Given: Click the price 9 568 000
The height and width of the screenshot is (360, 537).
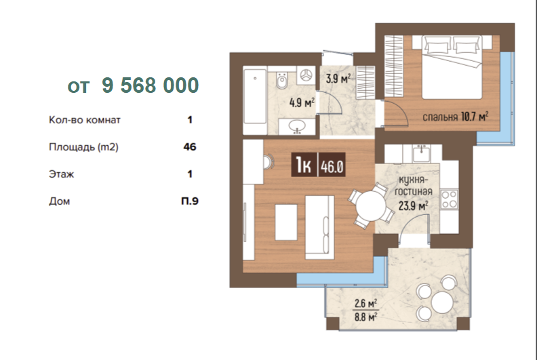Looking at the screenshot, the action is point(151,85).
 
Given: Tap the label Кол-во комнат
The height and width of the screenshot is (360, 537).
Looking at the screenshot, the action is point(85,120).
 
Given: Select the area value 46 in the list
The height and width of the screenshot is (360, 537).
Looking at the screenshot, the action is point(190,147).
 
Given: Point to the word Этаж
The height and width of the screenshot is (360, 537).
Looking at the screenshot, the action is point(61,174).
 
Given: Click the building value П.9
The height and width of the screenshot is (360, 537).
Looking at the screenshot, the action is point(190,201).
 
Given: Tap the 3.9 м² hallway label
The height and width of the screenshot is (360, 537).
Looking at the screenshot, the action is point(338,79).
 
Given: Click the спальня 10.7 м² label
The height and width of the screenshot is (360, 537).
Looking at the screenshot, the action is point(455,117).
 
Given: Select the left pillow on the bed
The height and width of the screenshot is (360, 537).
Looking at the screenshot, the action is point(437,45).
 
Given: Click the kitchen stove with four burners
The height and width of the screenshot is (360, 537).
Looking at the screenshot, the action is point(449,199).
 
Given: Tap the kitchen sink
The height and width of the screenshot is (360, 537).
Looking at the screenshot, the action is point(421,153).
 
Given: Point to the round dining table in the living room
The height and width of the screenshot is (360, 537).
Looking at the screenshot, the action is point(371,206).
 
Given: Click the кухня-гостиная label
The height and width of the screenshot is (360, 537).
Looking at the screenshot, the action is point(414,186).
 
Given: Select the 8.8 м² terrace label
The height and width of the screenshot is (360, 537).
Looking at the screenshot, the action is point(365,317).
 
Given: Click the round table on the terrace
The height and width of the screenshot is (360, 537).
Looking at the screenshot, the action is point(442,302).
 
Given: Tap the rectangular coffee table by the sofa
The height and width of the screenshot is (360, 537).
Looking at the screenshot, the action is point(286,222).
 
